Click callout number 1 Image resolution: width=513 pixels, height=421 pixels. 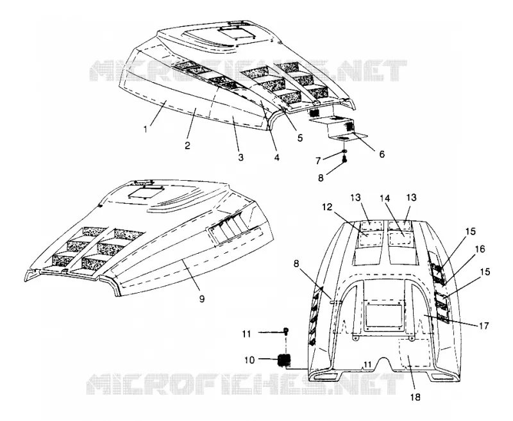click(146, 129)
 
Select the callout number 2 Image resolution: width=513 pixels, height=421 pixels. click(187, 145)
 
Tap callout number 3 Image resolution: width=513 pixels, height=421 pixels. click(240, 157)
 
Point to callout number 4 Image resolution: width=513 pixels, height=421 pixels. click(277, 157)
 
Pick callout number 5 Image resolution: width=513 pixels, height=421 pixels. click(299, 138)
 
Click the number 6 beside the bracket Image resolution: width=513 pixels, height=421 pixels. click(382, 154)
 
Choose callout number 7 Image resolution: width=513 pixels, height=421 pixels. click(318, 160)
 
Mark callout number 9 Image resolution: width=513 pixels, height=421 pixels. click(202, 298)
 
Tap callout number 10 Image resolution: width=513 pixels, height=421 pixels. click(249, 360)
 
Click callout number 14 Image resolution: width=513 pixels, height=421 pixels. click(385, 198)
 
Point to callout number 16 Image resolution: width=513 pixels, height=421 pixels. click(480, 249)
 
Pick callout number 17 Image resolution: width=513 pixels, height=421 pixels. click(484, 326)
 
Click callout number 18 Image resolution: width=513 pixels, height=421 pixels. click(414, 397)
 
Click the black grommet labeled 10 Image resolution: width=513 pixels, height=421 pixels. click(285, 361)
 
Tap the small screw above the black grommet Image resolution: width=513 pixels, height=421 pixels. click(285, 331)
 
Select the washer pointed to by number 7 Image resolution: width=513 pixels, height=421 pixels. click(345, 151)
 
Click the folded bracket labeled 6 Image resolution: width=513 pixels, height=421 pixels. click(339, 128)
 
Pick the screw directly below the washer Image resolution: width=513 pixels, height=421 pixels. click(344, 160)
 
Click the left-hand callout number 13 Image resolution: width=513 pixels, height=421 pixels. click(356, 197)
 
